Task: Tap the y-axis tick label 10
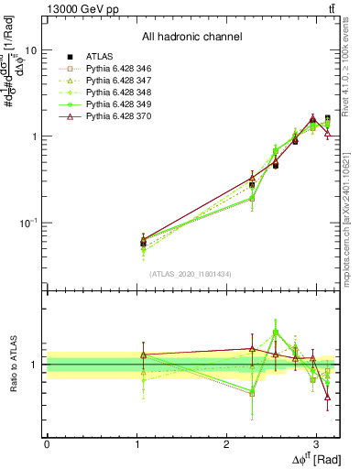(30, 51)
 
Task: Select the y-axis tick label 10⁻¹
(27, 223)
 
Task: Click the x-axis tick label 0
(47, 443)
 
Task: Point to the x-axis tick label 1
(136, 443)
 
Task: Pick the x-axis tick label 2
(226, 443)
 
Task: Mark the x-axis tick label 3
(316, 443)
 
